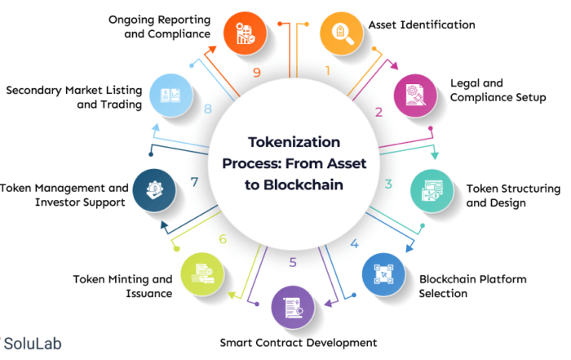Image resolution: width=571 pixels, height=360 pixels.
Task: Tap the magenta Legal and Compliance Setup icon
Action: pyautogui.click(x=416, y=95)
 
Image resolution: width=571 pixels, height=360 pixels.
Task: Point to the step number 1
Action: pyautogui.click(x=327, y=71)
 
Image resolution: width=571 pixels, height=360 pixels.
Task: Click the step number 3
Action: pyautogui.click(x=389, y=184)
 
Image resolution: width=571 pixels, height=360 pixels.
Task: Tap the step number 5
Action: pyautogui.click(x=294, y=264)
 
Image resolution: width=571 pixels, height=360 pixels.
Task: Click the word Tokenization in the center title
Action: pyautogui.click(x=294, y=142)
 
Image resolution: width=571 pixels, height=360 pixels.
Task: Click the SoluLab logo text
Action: pyautogui.click(x=37, y=344)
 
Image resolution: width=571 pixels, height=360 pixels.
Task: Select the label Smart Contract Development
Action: pyautogui.click(x=298, y=343)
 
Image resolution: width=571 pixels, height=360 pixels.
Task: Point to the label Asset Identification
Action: pyautogui.click(x=421, y=24)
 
